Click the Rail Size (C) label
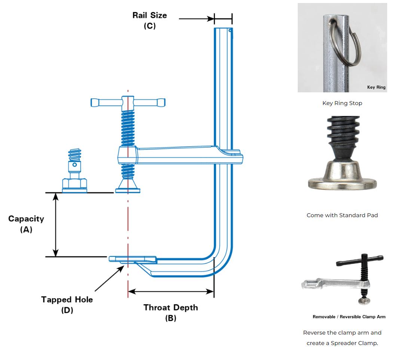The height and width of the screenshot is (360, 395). coord(150,21)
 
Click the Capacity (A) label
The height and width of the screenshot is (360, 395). coord(26,224)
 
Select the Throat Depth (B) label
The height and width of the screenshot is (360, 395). coord(171,313)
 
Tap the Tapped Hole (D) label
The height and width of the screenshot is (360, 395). coord(67,305)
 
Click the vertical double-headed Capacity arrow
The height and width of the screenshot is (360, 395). coord(56,224)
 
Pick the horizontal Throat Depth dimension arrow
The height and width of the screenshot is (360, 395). coord(171,291)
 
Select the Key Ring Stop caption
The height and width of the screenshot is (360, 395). coord(342,103)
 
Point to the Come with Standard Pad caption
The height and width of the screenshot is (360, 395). coord(342,215)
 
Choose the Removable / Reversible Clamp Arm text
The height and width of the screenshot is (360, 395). coord(349,317)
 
